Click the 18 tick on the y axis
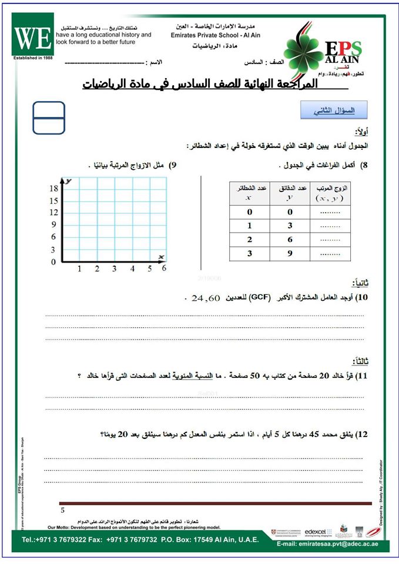(53, 189)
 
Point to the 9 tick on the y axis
(53, 224)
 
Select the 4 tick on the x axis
(132, 268)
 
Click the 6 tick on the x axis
(164, 268)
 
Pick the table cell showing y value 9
(290, 254)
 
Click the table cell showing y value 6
(290, 240)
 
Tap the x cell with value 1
(249, 226)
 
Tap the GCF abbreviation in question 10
(257, 297)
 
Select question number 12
(361, 434)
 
